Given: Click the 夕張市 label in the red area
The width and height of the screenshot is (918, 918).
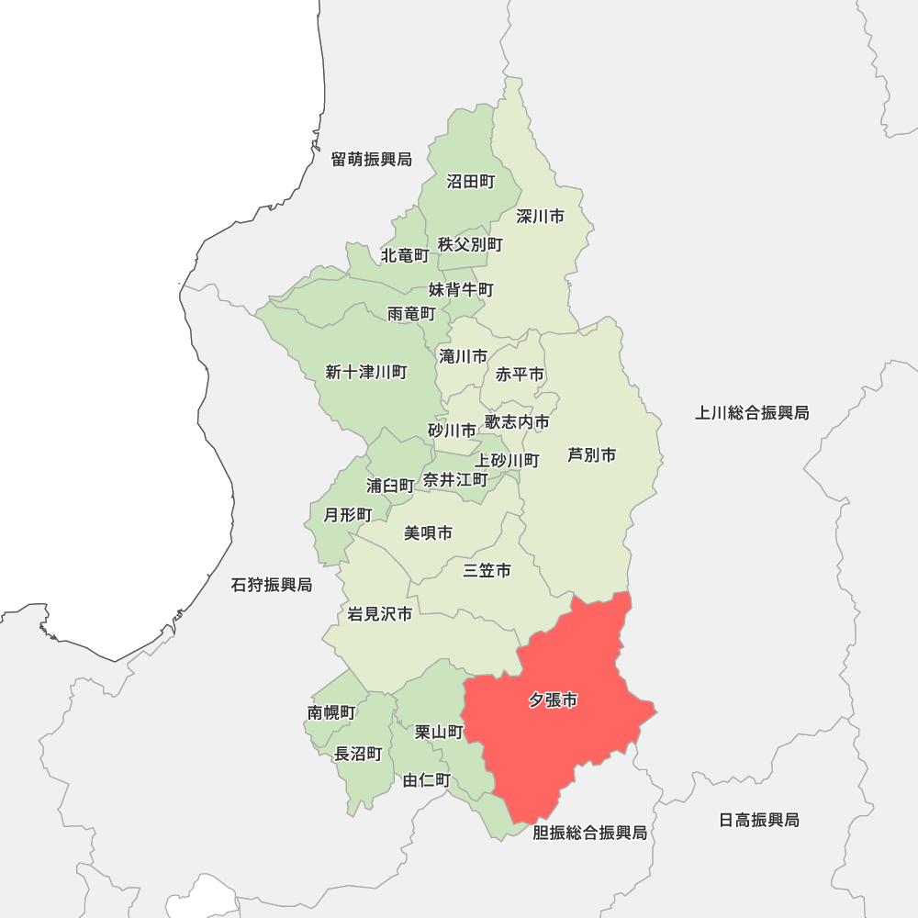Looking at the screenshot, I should [x=553, y=700].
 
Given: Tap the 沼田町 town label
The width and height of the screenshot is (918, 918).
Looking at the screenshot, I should [x=470, y=182].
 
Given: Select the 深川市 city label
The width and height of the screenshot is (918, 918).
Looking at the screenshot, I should [x=540, y=217].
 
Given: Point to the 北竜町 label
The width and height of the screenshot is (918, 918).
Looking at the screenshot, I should [x=405, y=254].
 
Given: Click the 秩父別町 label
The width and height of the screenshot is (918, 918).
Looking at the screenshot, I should [x=470, y=244].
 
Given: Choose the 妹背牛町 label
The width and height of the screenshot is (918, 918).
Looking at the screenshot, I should [x=461, y=290].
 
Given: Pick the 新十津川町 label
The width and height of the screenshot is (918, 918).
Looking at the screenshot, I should [x=365, y=372].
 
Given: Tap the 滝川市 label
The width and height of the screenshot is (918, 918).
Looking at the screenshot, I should [x=463, y=356].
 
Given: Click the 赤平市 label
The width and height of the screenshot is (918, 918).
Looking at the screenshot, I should [x=520, y=375].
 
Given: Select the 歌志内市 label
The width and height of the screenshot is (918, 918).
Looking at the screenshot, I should [x=517, y=422].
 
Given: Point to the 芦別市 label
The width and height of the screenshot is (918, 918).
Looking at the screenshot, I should [x=591, y=455].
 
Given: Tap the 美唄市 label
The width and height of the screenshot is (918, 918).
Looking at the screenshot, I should [x=428, y=533].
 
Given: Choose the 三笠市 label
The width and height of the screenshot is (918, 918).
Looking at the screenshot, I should [x=487, y=571].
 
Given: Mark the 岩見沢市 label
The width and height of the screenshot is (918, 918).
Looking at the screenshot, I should [x=379, y=614].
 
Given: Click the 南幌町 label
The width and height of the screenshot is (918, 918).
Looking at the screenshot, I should [x=331, y=712].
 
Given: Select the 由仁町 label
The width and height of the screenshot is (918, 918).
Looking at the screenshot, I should [x=427, y=781].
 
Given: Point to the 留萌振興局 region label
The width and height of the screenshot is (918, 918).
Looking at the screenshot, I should [x=371, y=160].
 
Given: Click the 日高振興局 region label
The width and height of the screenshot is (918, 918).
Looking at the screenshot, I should [x=758, y=820].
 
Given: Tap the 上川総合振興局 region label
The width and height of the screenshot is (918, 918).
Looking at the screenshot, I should [x=752, y=413].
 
